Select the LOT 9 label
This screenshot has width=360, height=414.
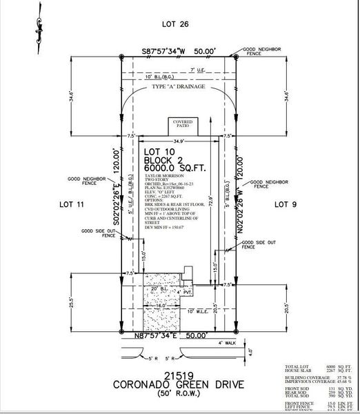284,204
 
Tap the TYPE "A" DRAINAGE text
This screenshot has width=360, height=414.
179,88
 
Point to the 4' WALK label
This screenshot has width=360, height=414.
227,343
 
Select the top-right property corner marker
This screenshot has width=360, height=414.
237,57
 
